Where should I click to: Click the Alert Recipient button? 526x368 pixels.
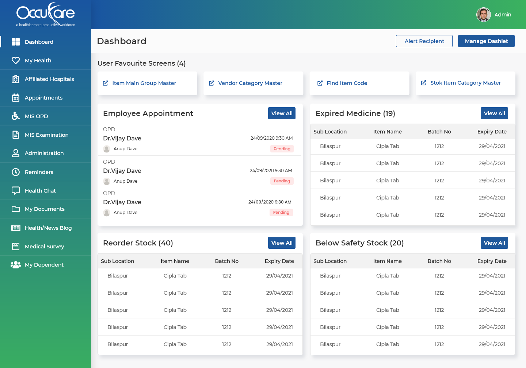pos(424,41)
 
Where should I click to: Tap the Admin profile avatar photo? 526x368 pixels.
pos(483,15)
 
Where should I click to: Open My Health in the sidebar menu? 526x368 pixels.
pos(38,61)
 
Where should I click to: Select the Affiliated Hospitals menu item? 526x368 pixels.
pos(49,79)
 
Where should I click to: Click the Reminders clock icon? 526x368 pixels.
pos(16,172)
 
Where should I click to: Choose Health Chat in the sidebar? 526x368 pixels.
pos(40,191)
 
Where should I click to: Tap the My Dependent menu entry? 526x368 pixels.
pos(44,265)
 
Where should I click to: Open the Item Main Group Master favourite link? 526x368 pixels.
pos(144,83)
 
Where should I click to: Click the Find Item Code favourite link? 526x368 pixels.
pos(347,83)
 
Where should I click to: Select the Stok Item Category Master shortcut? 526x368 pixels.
pos(465,83)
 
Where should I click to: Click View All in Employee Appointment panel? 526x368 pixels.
pos(282,113)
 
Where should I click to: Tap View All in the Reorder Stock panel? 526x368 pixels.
pos(282,243)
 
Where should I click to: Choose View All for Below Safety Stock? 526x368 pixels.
pos(494,243)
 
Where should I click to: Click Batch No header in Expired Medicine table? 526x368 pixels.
pos(439,132)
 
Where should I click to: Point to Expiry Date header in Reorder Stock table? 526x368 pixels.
pos(279,261)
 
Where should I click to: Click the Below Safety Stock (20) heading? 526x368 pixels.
pos(359,243)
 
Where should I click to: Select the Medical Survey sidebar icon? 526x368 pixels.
pos(16,247)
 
